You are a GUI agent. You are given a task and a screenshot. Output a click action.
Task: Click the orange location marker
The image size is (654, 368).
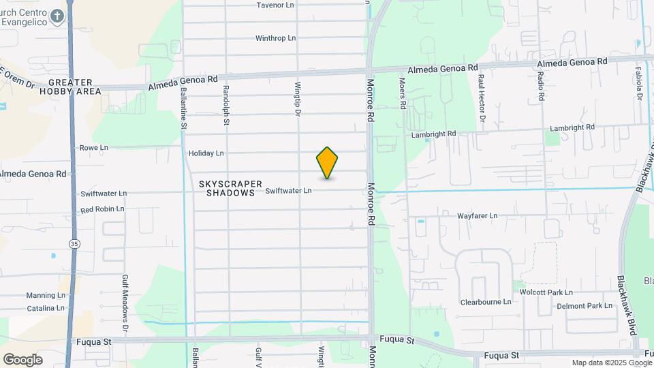tap(327, 163)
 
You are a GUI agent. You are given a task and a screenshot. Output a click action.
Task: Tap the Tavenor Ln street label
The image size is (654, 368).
tap(275, 5)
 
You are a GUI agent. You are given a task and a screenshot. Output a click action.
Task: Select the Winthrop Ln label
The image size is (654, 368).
tap(275, 38)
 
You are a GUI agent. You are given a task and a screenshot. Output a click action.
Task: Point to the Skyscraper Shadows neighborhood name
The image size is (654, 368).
tap(231, 188)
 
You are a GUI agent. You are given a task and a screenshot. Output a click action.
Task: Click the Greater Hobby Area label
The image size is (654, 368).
tap(70, 87)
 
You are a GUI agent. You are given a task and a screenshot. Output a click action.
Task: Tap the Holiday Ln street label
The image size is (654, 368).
tap(206, 153)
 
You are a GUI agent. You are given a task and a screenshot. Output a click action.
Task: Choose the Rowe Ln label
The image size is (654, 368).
tap(94, 147)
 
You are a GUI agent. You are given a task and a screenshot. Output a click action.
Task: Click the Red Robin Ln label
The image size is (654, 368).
tap(102, 209)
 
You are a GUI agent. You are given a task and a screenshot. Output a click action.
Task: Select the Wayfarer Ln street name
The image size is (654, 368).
tap(477, 216)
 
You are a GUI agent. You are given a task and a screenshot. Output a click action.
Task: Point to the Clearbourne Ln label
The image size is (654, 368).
tap(486, 302)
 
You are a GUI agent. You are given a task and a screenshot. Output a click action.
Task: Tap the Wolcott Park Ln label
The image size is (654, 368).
tap(546, 292)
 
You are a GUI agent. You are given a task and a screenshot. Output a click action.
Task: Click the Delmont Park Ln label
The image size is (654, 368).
tap(585, 307)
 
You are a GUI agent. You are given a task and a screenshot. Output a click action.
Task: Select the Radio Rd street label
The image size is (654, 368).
tap(540, 87)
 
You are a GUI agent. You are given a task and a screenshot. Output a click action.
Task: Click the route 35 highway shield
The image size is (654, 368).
tap(73, 243)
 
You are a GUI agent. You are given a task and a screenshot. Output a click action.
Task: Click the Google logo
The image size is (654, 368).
tap(22, 359)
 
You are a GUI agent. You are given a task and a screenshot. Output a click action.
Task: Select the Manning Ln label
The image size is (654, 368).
tap(46, 296)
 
